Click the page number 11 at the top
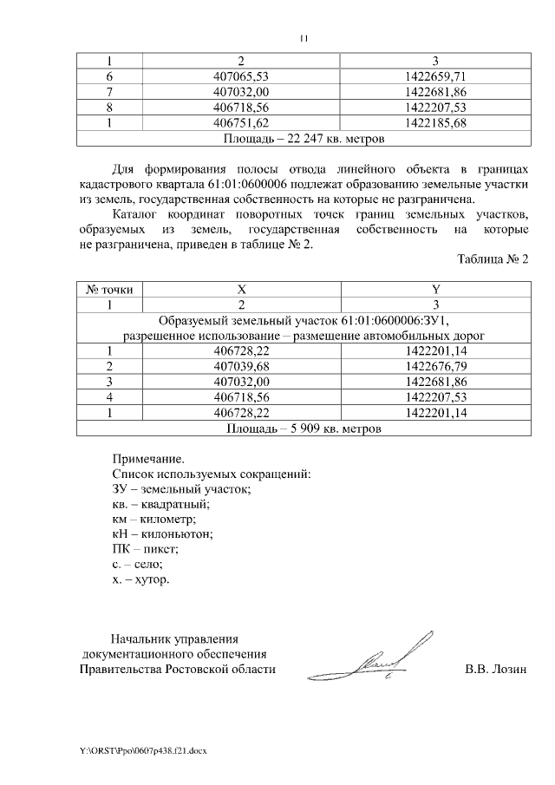304,38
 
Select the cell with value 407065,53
241,76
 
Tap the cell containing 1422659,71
436,76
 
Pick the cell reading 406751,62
241,122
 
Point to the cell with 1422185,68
436,122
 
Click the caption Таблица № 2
492,260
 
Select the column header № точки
110,289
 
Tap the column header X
241,289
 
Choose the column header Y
436,289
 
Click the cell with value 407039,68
241,366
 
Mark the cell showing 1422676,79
436,366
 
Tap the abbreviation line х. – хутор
140,579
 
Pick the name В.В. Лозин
495,669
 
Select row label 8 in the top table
110,108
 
